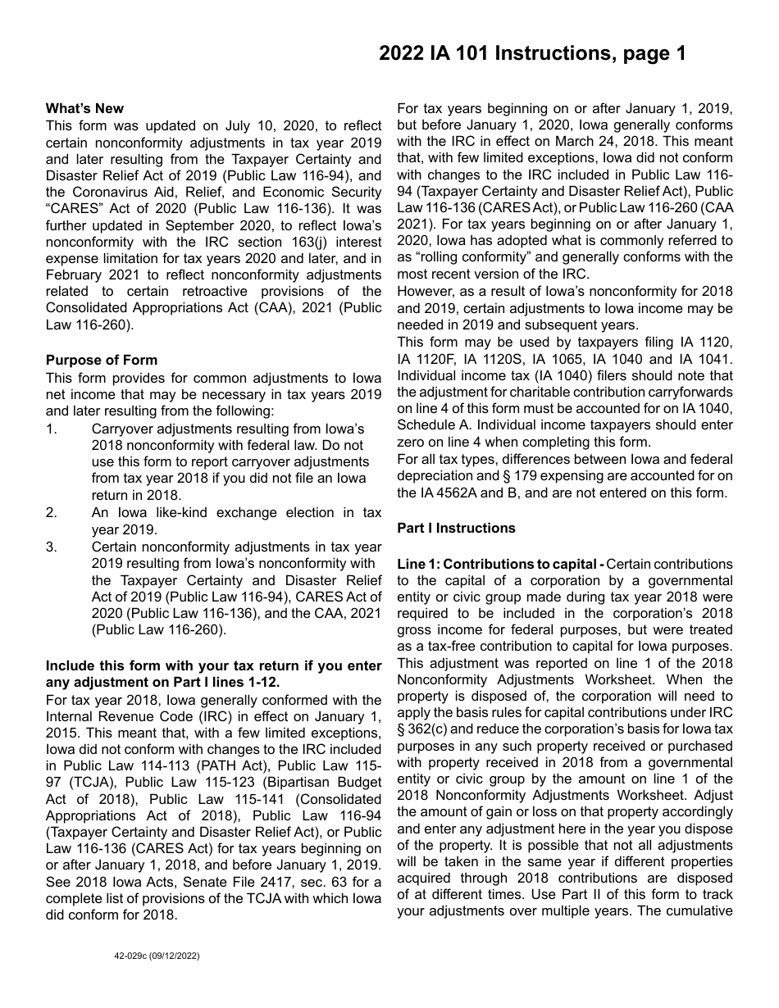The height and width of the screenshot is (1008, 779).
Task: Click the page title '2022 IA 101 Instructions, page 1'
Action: coord(532,54)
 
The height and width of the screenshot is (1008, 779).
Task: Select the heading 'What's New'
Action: coord(84,108)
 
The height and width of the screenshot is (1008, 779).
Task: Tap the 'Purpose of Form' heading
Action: coord(102,360)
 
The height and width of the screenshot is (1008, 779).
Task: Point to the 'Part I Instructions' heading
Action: coord(457,528)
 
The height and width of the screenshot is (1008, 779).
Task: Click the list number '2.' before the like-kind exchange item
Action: coord(52,512)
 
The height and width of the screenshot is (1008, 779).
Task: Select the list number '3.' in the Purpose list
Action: coord(52,547)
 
